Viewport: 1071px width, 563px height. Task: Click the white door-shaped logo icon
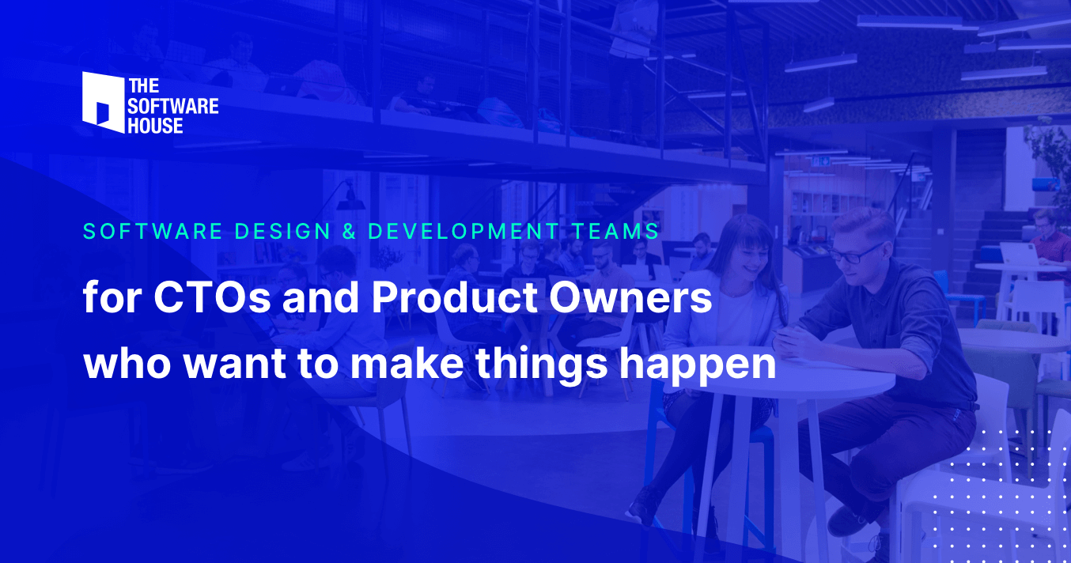pos(103,102)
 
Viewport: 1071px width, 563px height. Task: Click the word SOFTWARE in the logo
pos(173,106)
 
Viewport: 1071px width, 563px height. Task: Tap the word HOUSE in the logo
pos(155,126)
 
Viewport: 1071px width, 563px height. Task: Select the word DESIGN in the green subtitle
pos(282,232)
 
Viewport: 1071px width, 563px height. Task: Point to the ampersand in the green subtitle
pos(349,232)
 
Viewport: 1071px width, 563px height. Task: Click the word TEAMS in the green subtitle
pos(616,232)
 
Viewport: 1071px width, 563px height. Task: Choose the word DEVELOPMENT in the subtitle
pos(464,232)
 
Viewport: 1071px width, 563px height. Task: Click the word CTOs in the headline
pos(212,298)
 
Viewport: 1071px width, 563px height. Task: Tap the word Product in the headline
pos(454,298)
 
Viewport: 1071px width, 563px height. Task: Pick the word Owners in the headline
pos(630,298)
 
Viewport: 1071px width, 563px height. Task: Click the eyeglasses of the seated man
pos(856,255)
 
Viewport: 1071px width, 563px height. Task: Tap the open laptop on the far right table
pos(1019,254)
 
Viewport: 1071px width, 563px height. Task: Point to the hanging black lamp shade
pos(350,202)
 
